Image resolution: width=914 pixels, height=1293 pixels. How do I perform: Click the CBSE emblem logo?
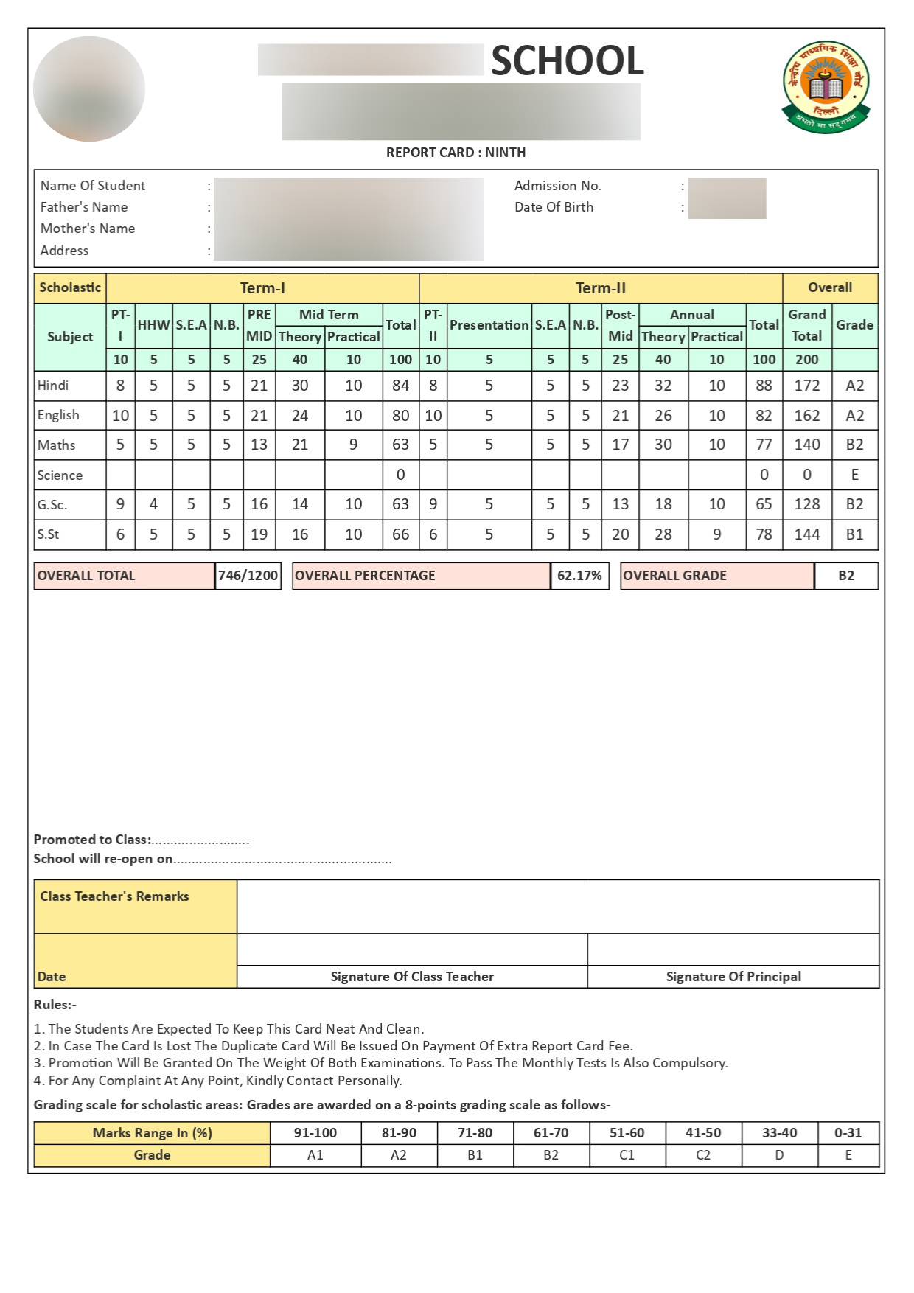point(826,87)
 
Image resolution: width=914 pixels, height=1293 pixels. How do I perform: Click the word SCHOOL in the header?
point(568,60)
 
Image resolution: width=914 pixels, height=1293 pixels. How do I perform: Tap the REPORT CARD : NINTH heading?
point(456,153)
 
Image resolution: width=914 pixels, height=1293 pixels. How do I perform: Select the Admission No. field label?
point(557,186)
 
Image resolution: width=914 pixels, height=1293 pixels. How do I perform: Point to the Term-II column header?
point(600,288)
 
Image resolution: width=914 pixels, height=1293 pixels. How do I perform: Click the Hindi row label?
point(53,386)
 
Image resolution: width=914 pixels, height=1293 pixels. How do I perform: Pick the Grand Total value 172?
point(806,386)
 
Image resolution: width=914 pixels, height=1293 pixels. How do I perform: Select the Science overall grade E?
point(854,475)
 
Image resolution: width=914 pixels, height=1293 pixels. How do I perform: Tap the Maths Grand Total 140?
point(806,445)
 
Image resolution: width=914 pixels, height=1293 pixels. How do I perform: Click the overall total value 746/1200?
point(248,576)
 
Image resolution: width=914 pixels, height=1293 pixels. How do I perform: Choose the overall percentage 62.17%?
point(579,576)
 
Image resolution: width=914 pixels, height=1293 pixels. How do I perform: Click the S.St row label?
point(49,534)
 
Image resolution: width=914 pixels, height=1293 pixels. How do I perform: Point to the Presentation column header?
point(489,325)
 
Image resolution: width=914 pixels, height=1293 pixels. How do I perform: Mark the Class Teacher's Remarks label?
point(114,896)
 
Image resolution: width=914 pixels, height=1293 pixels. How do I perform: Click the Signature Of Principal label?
point(733,977)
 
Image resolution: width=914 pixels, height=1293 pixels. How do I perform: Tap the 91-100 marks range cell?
point(315,1133)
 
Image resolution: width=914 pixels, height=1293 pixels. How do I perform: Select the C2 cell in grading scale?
point(702,1155)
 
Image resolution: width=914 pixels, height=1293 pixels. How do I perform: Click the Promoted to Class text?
point(92,840)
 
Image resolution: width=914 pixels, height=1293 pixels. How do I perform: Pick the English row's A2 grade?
point(854,416)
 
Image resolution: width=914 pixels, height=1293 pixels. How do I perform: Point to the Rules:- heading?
point(55,1005)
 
